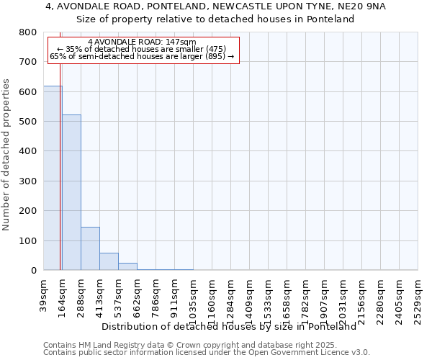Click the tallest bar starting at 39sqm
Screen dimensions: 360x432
click(x=53, y=178)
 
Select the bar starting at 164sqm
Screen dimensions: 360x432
click(x=71, y=192)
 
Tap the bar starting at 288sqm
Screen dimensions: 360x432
click(x=90, y=248)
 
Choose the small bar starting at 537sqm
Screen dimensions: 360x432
click(x=127, y=266)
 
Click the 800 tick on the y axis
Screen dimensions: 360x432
click(x=28, y=32)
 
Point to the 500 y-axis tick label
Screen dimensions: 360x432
click(x=28, y=122)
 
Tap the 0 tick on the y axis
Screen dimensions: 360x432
click(x=33, y=271)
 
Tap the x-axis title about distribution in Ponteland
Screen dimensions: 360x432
click(x=229, y=326)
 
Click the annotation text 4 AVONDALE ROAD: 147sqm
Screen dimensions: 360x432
click(x=141, y=42)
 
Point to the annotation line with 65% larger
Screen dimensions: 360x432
click(x=142, y=56)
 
